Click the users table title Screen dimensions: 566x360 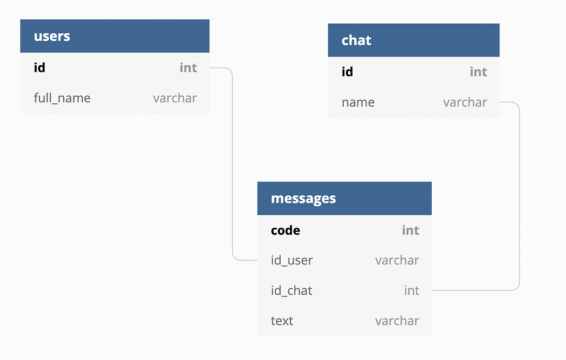52,36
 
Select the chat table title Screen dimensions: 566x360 357,40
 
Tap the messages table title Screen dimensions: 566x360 303,199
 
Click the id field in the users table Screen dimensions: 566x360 39,67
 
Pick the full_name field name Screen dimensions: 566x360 62,98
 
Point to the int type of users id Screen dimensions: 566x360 188,67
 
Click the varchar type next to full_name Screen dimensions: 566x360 175,98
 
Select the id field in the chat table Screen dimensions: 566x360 347,72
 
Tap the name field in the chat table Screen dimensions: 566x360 358,102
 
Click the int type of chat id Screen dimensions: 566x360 478,72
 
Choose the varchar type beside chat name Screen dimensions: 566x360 465,102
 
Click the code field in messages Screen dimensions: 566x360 286,231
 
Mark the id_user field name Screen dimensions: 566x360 292,260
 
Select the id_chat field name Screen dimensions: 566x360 292,291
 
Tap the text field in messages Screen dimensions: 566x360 282,321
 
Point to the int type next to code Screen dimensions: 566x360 411,231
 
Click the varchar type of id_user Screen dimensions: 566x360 397,260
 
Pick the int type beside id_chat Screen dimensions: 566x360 411,291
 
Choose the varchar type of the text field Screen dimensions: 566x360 397,321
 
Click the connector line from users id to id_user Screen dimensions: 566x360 233,164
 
